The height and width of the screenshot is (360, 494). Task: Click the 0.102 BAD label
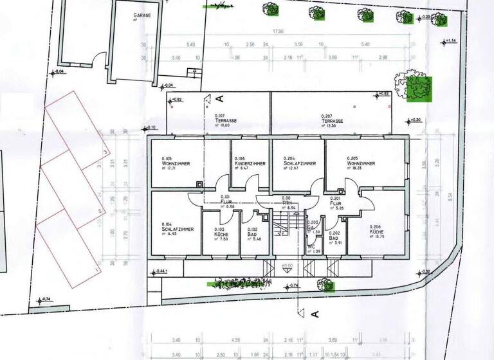pyautogui.click(x=256, y=233)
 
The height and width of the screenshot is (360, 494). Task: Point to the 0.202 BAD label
pyautogui.click(x=334, y=238)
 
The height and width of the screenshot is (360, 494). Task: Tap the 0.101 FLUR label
pyautogui.click(x=226, y=201)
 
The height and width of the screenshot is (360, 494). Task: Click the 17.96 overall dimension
pyautogui.click(x=279, y=32)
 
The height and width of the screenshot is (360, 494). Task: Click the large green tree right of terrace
pyautogui.click(x=418, y=87)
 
